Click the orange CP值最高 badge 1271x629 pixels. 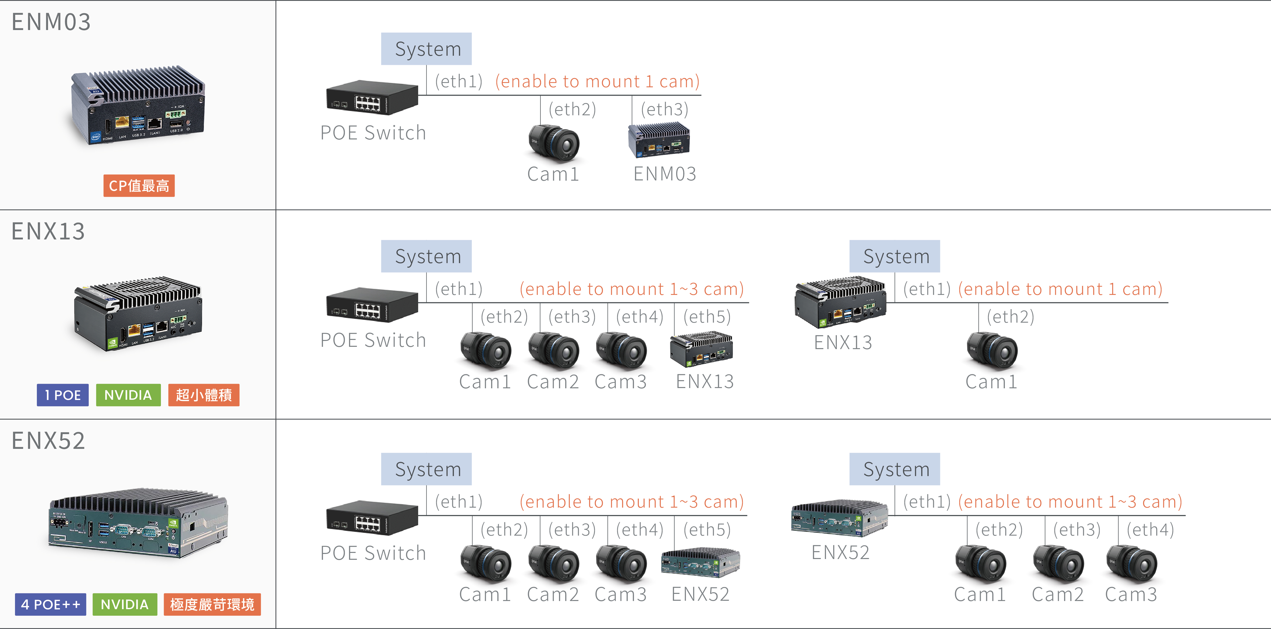139,186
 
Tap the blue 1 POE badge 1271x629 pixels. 63,395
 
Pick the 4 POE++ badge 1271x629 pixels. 50,604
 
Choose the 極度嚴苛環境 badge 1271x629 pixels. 212,604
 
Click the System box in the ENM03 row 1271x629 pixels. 426,49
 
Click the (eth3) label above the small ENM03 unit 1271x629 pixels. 664,109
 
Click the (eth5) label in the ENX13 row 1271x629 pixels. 707,317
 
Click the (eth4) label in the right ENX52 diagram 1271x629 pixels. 1150,529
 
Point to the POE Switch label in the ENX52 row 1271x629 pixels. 373,553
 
